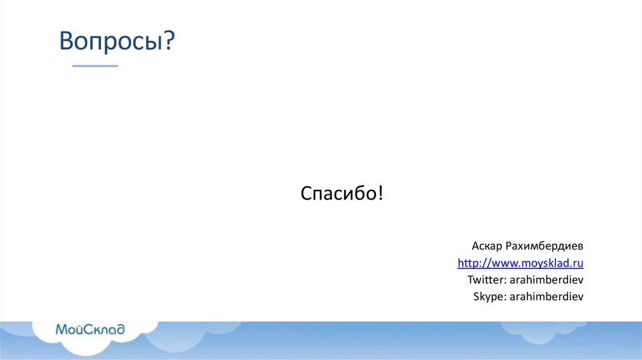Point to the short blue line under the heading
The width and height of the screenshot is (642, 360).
pyautogui.click(x=95, y=66)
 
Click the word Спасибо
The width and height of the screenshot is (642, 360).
pyautogui.click(x=338, y=193)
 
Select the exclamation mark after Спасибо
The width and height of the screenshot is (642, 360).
pyautogui.click(x=380, y=193)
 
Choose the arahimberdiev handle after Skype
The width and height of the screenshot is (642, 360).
pyautogui.click(x=547, y=297)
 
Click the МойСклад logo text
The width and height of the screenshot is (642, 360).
pyautogui.click(x=90, y=329)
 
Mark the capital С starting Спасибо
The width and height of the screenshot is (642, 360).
pyautogui.click(x=306, y=193)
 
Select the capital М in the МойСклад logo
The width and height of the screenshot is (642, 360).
pyautogui.click(x=61, y=329)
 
